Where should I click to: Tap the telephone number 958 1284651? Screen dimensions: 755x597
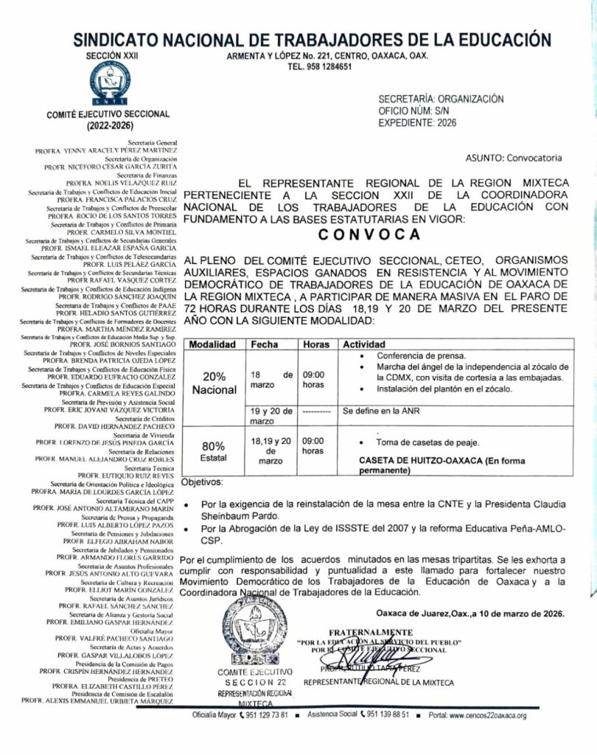319,66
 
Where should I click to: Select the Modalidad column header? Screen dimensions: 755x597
213,344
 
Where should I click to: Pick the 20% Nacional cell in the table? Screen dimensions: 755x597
214,383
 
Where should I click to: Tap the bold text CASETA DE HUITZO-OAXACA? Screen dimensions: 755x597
423,460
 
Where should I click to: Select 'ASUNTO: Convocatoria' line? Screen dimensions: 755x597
513,158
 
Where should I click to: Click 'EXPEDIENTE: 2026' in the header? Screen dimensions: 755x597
417,122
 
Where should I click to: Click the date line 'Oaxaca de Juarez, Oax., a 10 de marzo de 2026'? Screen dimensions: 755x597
470,613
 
